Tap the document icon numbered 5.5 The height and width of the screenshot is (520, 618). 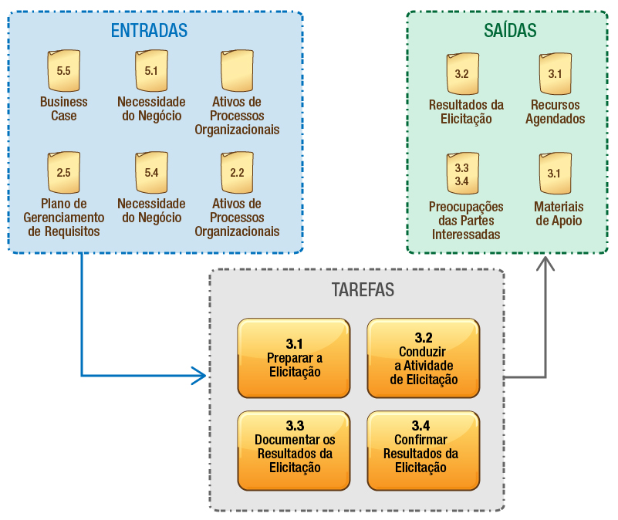(64, 72)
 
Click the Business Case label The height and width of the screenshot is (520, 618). (64, 109)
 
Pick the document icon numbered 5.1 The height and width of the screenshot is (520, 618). (151, 72)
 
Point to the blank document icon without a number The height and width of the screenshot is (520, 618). (237, 72)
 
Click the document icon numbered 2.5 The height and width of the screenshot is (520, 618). (64, 173)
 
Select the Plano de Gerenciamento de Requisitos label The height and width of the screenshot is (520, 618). (64, 218)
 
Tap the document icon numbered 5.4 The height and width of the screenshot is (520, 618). (151, 173)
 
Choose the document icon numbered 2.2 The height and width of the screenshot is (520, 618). (237, 173)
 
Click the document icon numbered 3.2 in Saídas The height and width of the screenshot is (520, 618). (462, 75)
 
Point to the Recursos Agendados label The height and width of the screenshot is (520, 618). (555, 112)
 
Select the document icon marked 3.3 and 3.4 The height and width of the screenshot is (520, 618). (462, 174)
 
